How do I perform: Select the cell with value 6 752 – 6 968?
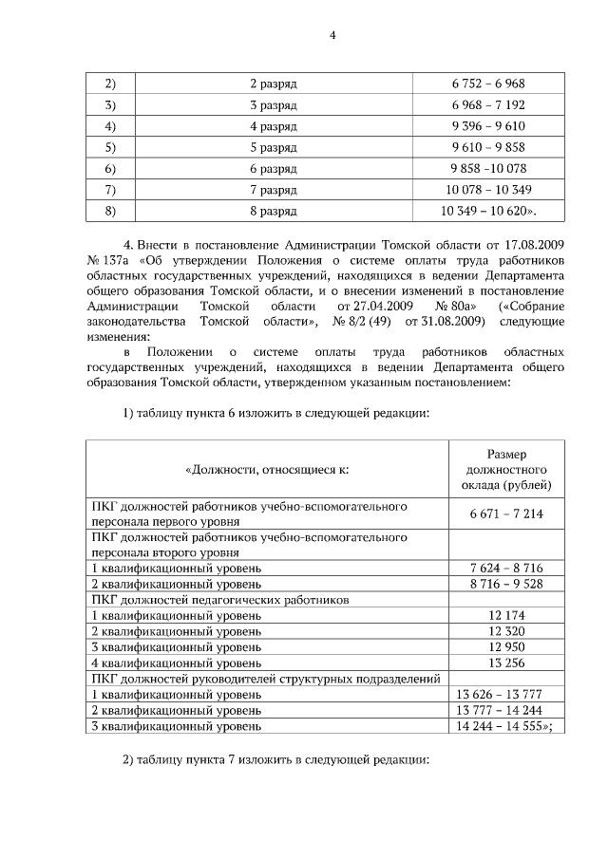click(x=488, y=84)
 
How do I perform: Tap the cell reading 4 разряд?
click(x=274, y=126)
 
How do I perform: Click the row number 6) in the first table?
click(x=110, y=168)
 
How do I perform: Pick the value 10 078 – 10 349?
click(x=488, y=189)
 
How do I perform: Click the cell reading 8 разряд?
click(x=274, y=210)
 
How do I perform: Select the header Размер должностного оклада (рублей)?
click(x=505, y=470)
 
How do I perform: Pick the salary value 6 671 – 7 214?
click(x=505, y=514)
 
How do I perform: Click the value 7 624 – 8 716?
click(x=505, y=568)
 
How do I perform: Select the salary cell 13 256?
click(x=505, y=663)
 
